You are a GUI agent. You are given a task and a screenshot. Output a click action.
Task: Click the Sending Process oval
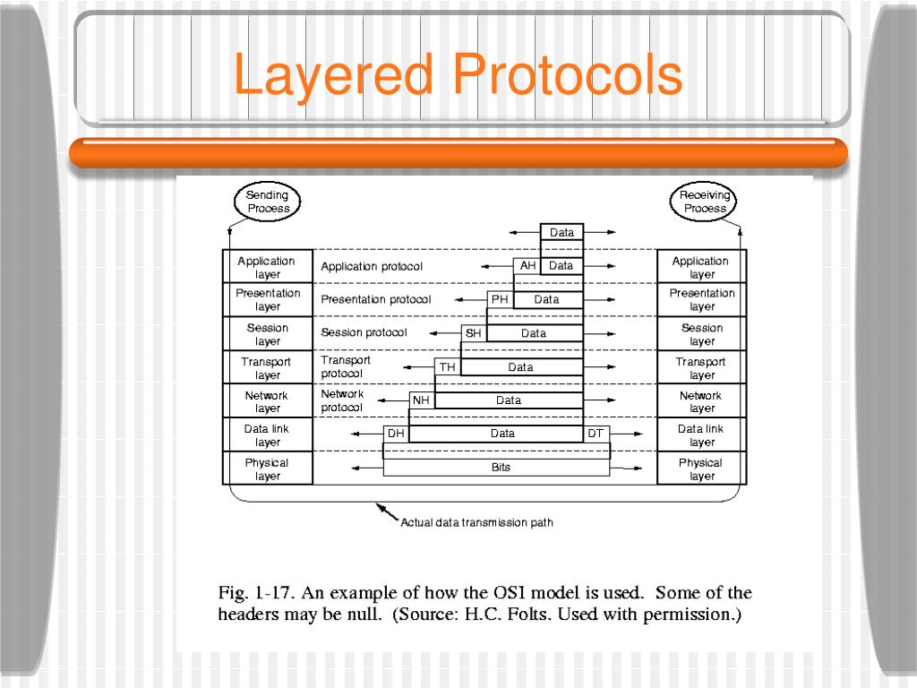(x=268, y=202)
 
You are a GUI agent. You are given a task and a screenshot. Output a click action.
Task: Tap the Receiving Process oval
(x=705, y=202)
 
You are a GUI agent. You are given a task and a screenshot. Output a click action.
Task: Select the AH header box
(x=527, y=266)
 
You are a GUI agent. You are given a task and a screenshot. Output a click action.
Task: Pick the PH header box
(x=500, y=299)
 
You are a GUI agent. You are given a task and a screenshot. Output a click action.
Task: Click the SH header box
(x=474, y=333)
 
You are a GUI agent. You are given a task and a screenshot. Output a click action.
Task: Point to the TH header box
(x=447, y=367)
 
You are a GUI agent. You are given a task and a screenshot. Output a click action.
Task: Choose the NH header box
(x=421, y=400)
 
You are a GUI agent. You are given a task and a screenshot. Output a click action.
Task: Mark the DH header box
(x=396, y=434)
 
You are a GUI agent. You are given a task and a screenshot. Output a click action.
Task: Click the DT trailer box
(x=596, y=434)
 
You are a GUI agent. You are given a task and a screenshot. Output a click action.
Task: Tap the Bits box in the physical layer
(x=501, y=467)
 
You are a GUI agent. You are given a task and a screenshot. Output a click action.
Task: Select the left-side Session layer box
(x=268, y=334)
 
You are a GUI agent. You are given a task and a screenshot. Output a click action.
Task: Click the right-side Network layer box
(x=701, y=401)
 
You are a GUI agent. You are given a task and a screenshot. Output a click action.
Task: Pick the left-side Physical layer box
(x=268, y=469)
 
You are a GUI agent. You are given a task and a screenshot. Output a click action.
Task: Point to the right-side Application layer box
(x=701, y=267)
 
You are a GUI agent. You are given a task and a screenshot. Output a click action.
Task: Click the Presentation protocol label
(x=376, y=300)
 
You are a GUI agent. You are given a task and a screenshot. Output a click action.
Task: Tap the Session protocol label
(x=364, y=333)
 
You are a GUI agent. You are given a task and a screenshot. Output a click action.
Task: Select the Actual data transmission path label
(x=476, y=522)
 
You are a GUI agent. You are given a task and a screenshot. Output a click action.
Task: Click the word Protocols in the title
(x=568, y=75)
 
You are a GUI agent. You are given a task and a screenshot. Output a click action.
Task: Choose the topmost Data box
(x=561, y=233)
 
